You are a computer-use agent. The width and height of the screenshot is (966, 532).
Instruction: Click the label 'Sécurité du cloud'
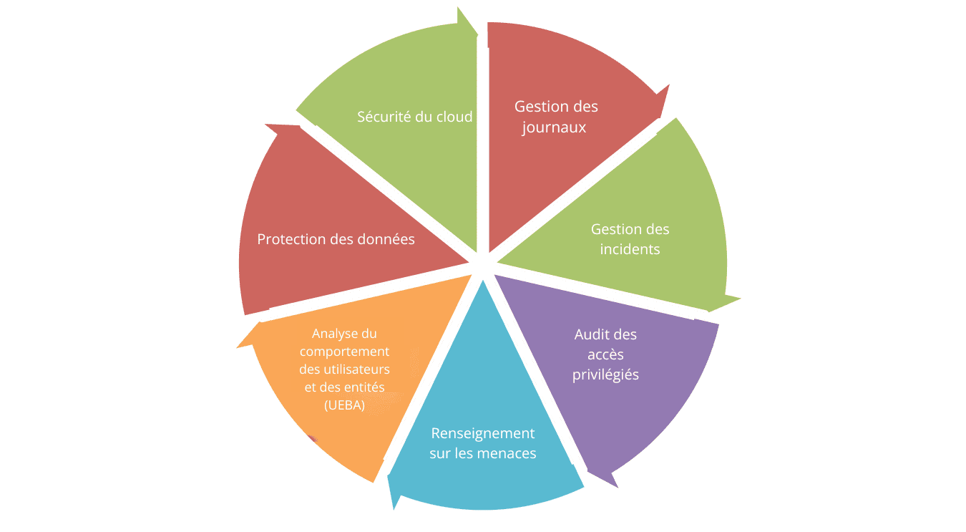point(414,116)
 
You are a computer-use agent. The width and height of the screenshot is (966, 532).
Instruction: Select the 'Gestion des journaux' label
point(555,117)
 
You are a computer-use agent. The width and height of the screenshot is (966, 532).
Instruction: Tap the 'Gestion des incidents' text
point(630,239)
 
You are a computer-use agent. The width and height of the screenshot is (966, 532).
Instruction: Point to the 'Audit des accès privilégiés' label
point(605,354)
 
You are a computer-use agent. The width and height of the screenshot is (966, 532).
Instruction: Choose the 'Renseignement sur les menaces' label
point(482,443)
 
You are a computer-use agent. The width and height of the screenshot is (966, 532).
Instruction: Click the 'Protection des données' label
point(336,239)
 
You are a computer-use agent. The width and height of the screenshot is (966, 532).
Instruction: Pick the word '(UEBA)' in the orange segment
point(343,405)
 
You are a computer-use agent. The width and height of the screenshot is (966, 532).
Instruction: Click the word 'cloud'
point(454,116)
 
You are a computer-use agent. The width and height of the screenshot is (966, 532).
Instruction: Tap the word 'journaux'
point(554,127)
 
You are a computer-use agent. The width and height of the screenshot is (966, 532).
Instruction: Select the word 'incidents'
point(630,249)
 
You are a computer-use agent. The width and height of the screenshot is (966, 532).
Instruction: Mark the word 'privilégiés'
point(605,374)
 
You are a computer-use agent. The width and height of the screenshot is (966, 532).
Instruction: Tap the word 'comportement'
point(344,352)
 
